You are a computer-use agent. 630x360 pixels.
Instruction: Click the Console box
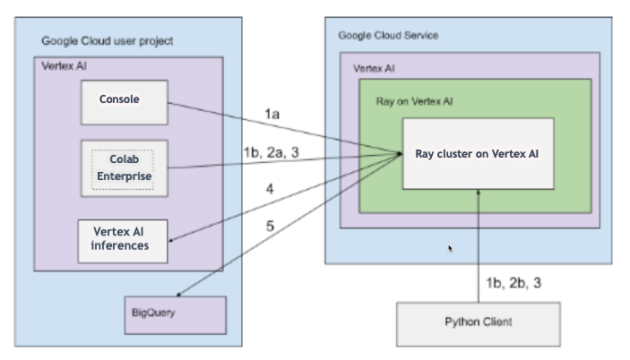point(125,100)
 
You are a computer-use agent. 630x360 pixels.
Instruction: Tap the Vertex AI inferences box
point(125,239)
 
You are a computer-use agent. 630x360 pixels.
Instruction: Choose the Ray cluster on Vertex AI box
point(477,153)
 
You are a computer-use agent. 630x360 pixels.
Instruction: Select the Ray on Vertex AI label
point(414,102)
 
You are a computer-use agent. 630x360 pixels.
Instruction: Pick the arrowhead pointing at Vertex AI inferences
point(173,239)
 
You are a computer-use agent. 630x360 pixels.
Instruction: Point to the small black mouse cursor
point(449,248)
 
